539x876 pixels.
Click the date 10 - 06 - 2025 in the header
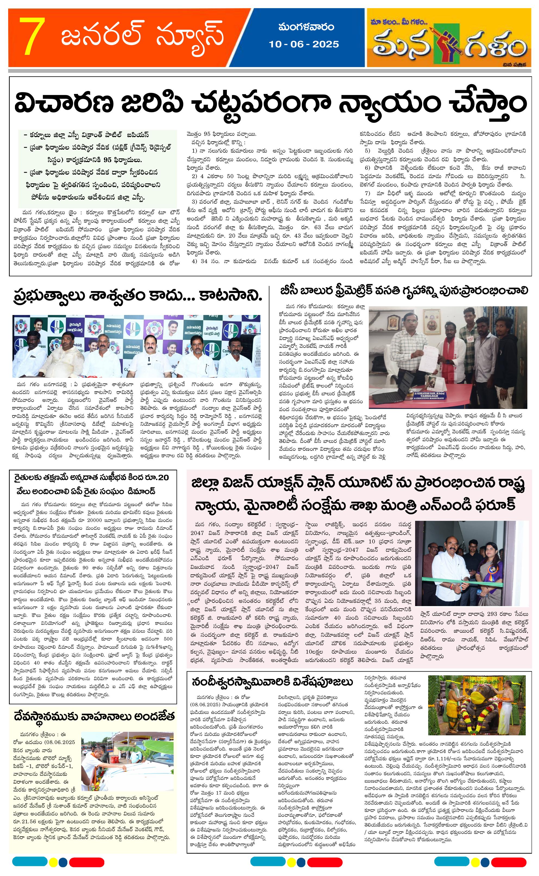tap(304, 44)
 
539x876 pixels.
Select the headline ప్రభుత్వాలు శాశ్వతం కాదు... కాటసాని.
tap(137, 295)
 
